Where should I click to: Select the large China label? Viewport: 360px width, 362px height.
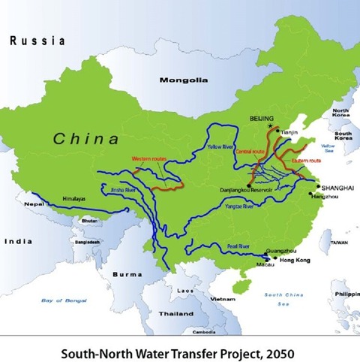tap(85, 139)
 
